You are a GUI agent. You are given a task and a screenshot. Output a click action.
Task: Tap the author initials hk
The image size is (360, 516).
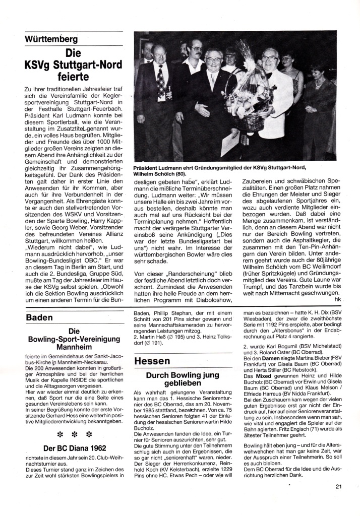point(331,299)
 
